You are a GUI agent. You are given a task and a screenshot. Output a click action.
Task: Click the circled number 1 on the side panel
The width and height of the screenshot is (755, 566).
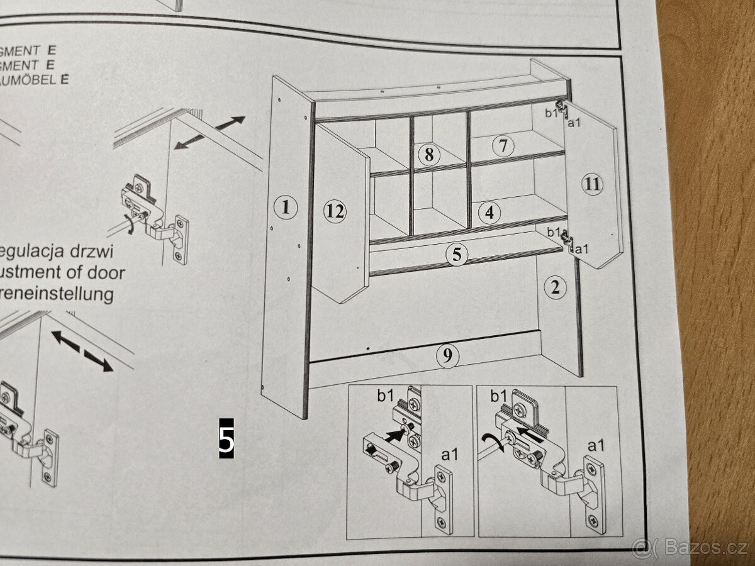286,206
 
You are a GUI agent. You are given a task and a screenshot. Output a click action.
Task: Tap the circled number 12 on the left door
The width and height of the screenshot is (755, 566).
335,211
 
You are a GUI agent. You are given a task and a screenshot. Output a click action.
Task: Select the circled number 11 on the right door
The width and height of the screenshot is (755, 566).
591,184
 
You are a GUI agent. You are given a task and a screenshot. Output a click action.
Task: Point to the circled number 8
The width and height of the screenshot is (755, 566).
428,153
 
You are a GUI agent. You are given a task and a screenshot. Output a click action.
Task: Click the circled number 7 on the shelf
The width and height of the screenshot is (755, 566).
503,146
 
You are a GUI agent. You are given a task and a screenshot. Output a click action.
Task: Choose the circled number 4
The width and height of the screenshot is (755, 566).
489,213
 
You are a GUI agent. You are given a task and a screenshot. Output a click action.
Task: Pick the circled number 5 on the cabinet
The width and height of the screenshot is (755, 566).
457,255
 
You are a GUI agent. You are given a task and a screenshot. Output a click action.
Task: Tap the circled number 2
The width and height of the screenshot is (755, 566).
554,288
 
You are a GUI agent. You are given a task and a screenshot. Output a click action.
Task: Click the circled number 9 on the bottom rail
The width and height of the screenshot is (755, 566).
447,357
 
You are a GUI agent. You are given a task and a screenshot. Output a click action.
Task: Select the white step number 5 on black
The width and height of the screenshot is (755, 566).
226,438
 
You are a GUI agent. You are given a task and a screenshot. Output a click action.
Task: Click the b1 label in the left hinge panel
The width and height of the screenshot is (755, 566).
386,396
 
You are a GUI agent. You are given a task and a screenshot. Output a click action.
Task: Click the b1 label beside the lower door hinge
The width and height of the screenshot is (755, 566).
553,232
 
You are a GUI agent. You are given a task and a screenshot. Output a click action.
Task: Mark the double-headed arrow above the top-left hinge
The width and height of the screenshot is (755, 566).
210,132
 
